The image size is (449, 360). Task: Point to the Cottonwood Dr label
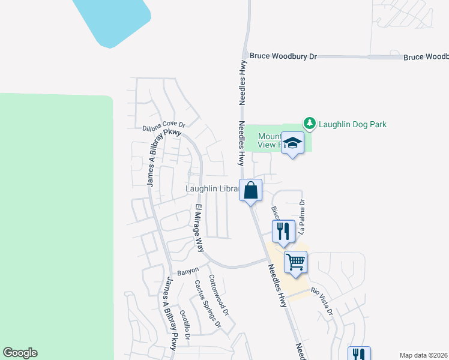coord(218,295)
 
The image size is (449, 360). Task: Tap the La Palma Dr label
coord(302,213)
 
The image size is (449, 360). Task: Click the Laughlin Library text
coord(212,188)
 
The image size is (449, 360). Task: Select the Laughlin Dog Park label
coord(352,124)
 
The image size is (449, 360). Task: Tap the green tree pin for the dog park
coord(310,124)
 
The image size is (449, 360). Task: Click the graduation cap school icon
coord(292,143)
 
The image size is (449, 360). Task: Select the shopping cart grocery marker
coord(295,262)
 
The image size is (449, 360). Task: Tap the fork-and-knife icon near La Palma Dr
coord(283,230)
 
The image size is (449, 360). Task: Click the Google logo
coord(20,353)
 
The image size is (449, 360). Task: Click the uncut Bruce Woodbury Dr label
coord(283,56)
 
